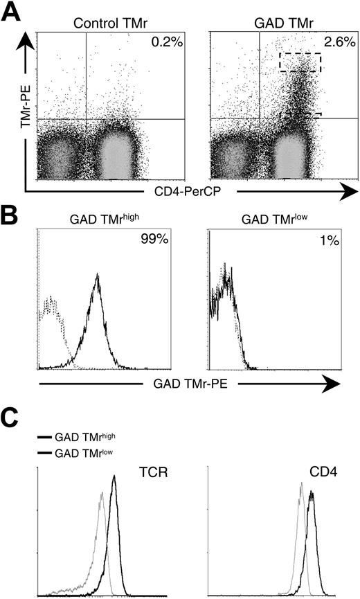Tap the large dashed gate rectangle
click(300, 62)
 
